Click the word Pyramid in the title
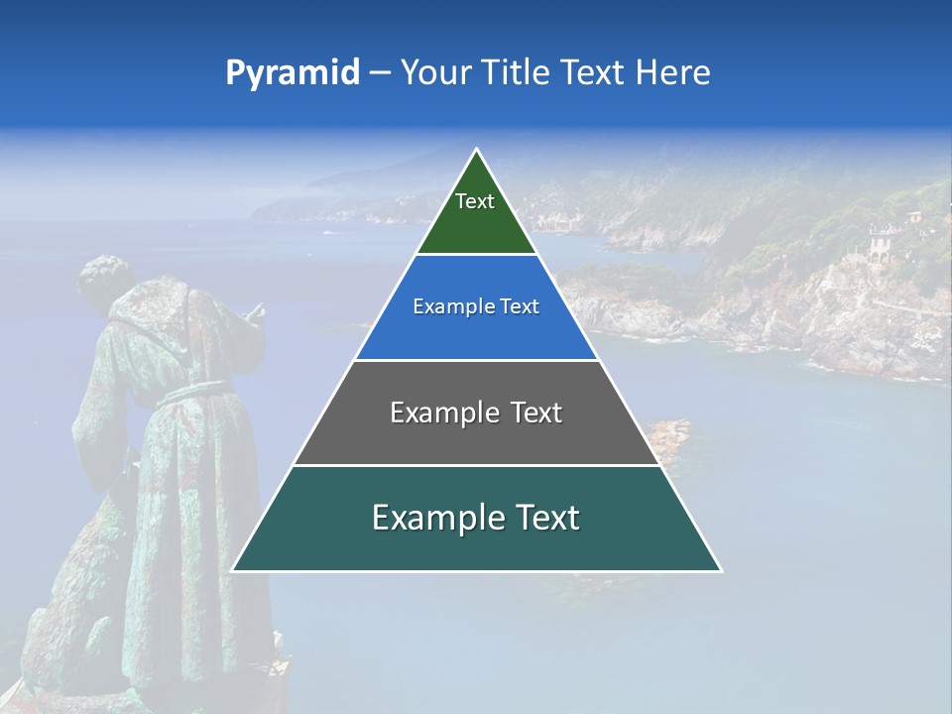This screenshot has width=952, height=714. coord(292,73)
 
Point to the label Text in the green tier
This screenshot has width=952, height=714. coord(475,201)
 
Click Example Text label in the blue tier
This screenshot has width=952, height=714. coord(476,306)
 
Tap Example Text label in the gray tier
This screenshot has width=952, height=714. coord(476,413)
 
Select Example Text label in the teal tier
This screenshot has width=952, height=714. coord(476,518)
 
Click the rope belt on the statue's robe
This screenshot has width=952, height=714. coord(193,392)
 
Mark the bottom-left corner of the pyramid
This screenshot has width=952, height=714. coord(233,570)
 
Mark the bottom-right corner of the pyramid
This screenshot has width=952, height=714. coord(721,570)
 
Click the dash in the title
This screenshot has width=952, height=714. coord(380,73)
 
